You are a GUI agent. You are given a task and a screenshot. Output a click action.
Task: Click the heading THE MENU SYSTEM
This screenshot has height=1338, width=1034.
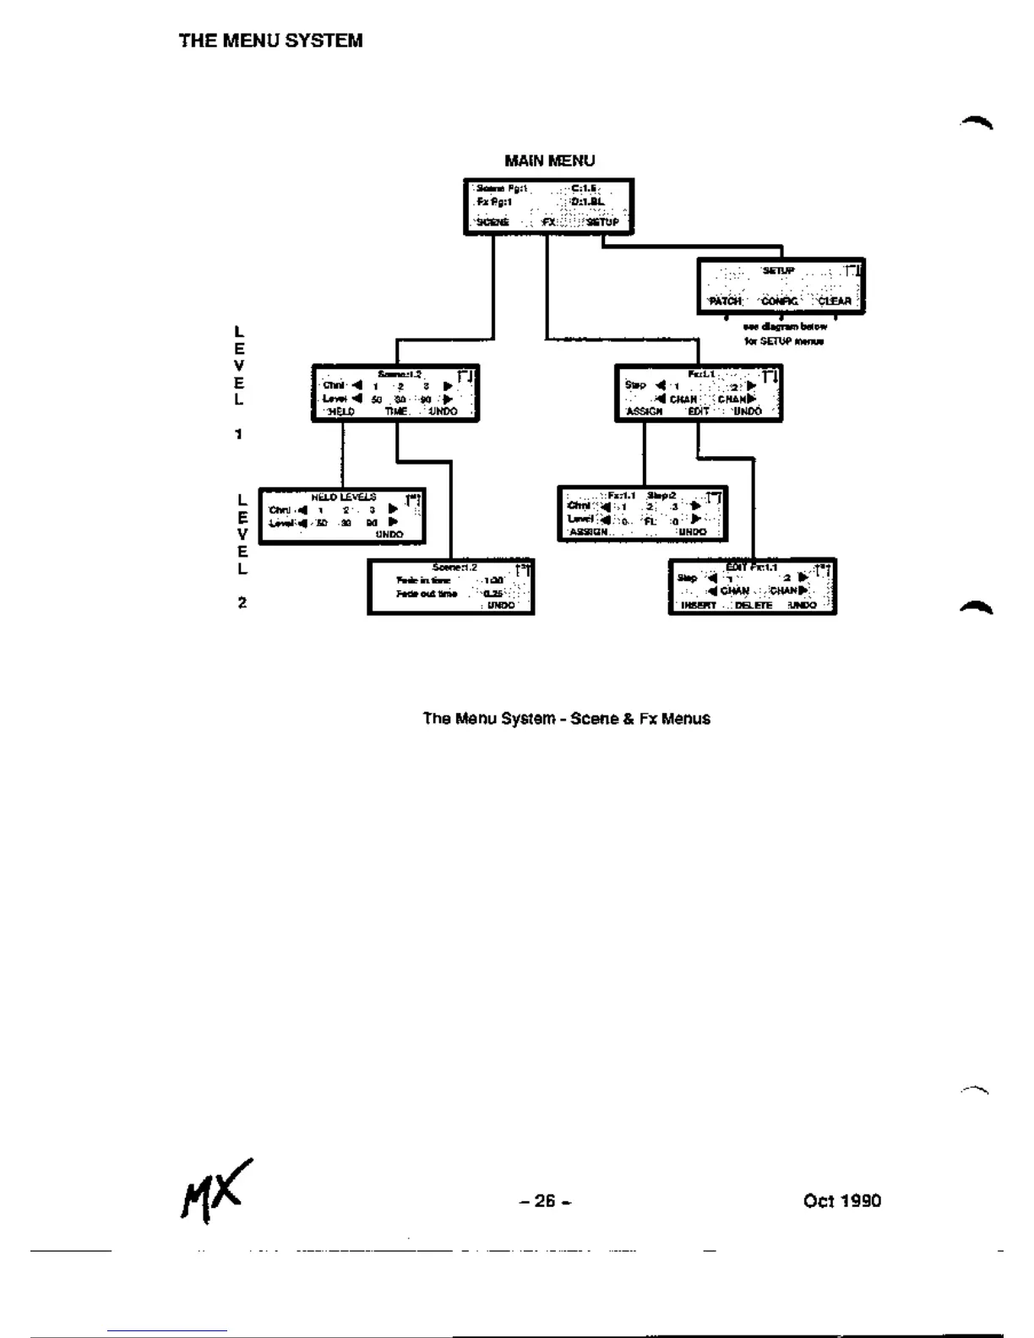pos(270,41)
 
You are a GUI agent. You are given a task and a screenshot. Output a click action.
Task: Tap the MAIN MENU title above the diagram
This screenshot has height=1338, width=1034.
pos(549,160)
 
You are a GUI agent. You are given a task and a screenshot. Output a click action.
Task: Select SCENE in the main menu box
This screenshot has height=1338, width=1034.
pos(493,222)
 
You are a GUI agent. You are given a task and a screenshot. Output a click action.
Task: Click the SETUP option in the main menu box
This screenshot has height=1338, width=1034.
pos(602,222)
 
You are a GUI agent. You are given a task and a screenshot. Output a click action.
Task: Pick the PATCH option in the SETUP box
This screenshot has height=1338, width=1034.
pos(725,301)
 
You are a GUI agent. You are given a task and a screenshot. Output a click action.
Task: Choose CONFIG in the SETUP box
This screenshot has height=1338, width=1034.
pos(780,301)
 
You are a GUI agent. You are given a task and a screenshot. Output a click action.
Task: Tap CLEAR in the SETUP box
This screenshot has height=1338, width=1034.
pos(834,301)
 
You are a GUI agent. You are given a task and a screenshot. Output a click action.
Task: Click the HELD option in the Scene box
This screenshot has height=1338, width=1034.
pos(340,411)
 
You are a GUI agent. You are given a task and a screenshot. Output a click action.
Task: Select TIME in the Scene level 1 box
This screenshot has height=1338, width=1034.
pos(396,411)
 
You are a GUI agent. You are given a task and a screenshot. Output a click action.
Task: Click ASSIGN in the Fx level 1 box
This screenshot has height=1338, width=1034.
pos(644,411)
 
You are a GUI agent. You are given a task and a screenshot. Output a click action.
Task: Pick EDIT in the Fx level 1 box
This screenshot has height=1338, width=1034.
pos(698,411)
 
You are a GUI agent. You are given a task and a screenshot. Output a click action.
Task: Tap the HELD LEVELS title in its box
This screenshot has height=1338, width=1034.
pos(344,498)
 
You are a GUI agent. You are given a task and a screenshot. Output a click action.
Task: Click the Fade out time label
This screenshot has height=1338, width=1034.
pos(427,594)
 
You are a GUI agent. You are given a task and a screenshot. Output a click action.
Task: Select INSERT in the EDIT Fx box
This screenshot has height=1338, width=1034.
pos(699,605)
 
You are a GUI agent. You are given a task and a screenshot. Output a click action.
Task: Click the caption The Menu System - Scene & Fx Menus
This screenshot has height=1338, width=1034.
pos(566,719)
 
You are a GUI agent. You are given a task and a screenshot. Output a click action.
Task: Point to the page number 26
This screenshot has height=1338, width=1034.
pos(545,1200)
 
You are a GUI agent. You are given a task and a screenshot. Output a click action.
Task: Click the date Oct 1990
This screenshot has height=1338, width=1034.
pos(841,1200)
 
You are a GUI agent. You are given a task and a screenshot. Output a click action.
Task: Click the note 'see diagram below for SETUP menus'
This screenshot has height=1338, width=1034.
pos(784,334)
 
